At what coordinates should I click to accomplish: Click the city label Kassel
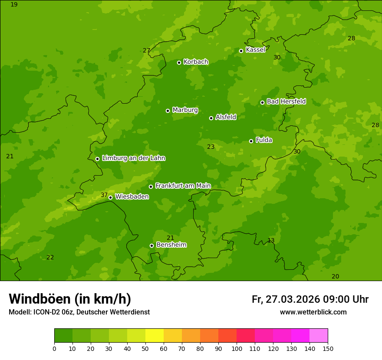pyautogui.click(x=255, y=50)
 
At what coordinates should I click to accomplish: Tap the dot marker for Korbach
pyautogui.click(x=179, y=62)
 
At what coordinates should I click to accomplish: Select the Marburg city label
pyautogui.click(x=185, y=110)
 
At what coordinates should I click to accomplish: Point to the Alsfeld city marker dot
pyautogui.click(x=211, y=118)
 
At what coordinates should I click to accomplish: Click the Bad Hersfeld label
pyautogui.click(x=286, y=101)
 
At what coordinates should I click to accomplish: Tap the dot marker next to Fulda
pyautogui.click(x=251, y=141)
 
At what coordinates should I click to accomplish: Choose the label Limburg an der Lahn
pyautogui.click(x=133, y=158)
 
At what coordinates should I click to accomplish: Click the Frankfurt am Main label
pyautogui.click(x=183, y=186)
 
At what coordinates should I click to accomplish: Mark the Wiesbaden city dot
pyautogui.click(x=110, y=197)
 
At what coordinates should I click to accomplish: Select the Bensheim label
pyautogui.click(x=171, y=245)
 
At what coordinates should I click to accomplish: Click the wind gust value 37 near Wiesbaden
pyautogui.click(x=104, y=195)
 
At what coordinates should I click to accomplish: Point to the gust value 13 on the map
pyautogui.click(x=271, y=240)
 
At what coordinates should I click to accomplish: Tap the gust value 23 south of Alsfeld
pyautogui.click(x=211, y=147)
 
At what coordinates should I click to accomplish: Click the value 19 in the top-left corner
pyautogui.click(x=14, y=4)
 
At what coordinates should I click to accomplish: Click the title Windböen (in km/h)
pyautogui.click(x=69, y=299)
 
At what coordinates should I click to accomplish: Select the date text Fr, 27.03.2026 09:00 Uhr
pyautogui.click(x=310, y=299)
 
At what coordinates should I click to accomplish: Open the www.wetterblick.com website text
pyautogui.click(x=313, y=312)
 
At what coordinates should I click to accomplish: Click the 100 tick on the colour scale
pyautogui.click(x=237, y=348)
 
